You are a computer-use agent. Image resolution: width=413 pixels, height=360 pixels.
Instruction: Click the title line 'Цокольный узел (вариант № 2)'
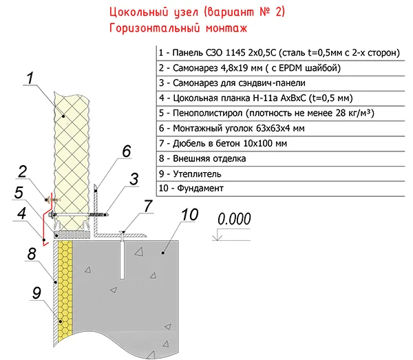click(196, 13)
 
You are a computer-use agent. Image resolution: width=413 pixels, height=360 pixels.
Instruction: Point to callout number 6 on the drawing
click(126, 151)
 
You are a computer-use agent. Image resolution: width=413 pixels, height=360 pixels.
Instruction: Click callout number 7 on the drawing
click(147, 205)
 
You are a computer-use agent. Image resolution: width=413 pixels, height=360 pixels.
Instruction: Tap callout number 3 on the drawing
click(135, 178)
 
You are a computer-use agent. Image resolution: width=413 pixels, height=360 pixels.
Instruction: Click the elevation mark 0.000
click(235, 220)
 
